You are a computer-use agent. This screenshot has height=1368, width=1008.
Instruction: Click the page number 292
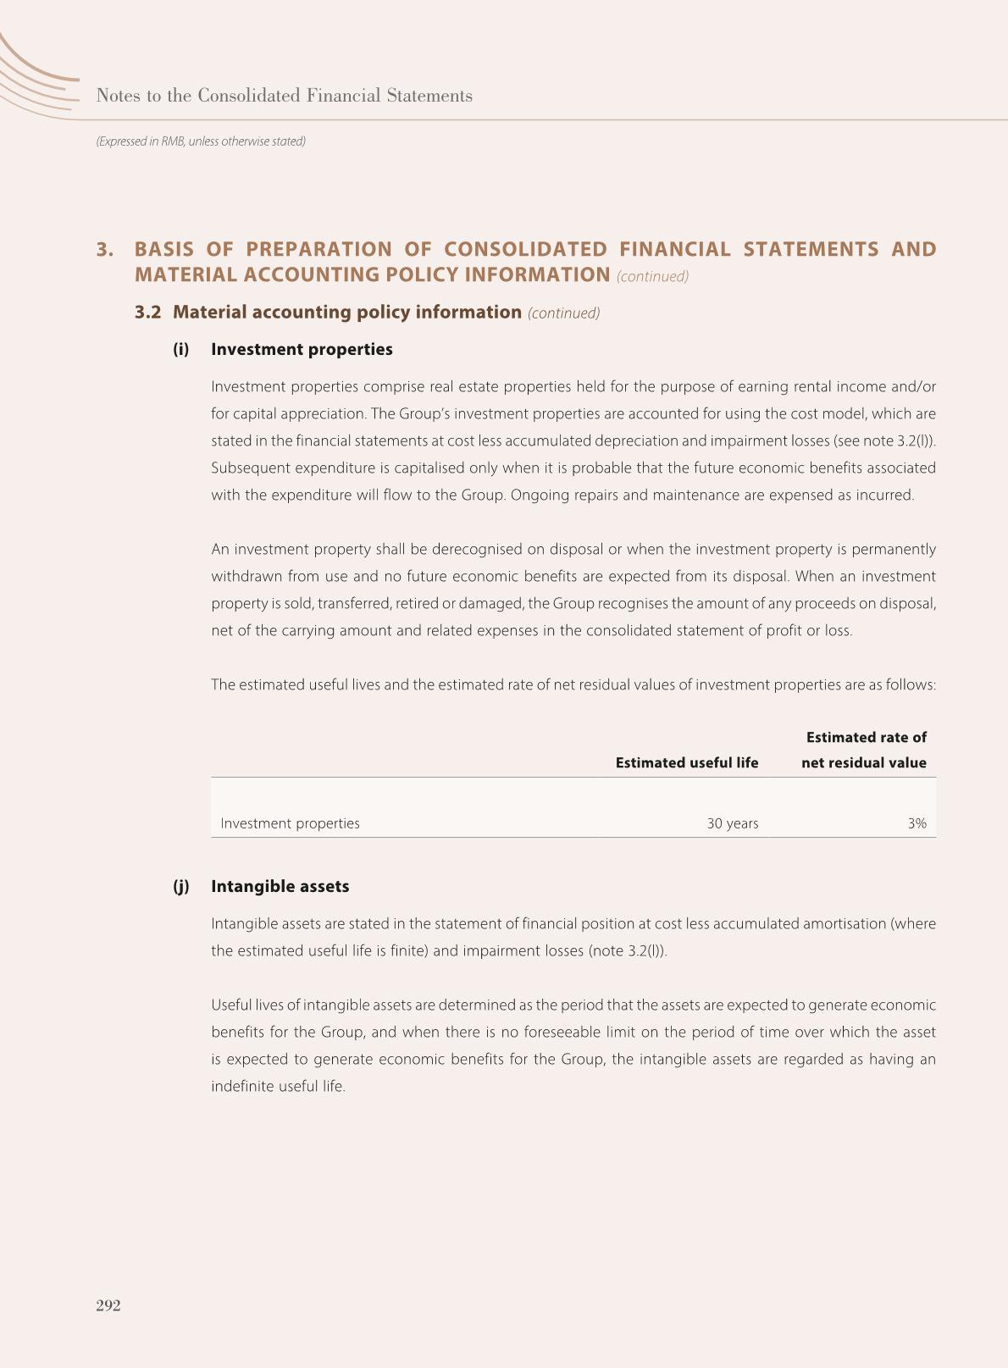pos(108,1305)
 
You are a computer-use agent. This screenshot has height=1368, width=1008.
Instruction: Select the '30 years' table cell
pos(733,823)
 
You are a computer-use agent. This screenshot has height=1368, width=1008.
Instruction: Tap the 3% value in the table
pos(917,823)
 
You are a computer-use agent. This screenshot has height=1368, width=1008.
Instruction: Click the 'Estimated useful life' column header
pos(686,762)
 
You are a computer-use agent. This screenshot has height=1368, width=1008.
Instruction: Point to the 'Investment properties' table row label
pos(290,823)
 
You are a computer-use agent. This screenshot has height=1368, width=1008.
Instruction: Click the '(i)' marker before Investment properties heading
pos(180,349)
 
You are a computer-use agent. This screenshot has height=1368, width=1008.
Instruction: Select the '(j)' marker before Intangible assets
pos(180,886)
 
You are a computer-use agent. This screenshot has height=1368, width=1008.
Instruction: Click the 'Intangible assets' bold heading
pos(280,886)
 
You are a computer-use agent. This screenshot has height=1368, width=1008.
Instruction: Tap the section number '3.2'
pos(147,312)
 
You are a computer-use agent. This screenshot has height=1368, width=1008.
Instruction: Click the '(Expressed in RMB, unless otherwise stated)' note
pos(201,141)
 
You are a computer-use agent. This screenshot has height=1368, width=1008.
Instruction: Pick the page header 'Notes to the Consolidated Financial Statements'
pos(284,96)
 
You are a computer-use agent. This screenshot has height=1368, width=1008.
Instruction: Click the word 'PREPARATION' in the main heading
pos(318,249)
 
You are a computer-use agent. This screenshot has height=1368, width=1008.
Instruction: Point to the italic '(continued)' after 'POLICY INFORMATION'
pos(652,276)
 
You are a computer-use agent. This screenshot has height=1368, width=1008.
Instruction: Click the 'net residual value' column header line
pos(863,762)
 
